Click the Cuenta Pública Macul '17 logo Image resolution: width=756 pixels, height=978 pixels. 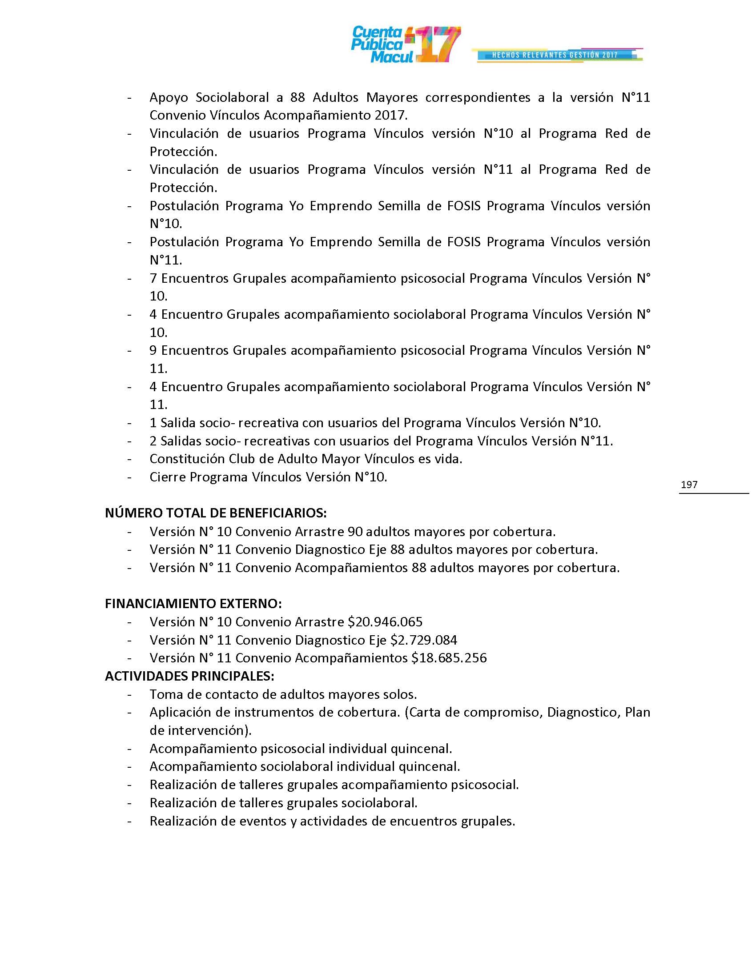[405, 45]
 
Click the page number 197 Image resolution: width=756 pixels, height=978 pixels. [689, 485]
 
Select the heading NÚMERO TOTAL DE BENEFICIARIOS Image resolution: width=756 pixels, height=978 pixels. [215, 513]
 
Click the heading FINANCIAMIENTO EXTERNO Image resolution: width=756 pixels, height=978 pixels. [193, 604]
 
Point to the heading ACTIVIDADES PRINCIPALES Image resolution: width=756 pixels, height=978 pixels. [189, 676]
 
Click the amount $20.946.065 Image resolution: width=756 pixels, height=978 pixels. [385, 622]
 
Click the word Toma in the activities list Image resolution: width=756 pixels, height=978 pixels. [164, 694]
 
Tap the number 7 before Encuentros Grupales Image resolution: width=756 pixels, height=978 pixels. [153, 279]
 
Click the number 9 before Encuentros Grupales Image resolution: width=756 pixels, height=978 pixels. [153, 351]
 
